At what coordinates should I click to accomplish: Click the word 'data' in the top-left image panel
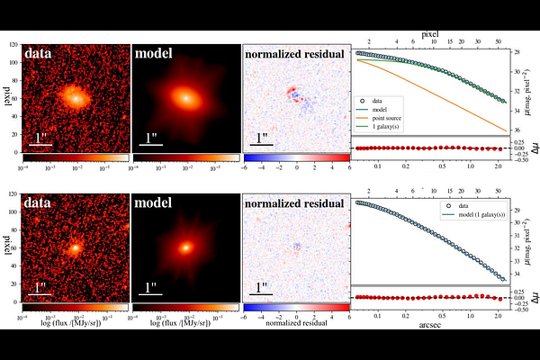click(x=44, y=54)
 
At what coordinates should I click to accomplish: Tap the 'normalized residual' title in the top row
click(x=295, y=54)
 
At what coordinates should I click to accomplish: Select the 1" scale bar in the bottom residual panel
click(x=262, y=289)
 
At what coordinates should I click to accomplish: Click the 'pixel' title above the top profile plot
click(x=429, y=34)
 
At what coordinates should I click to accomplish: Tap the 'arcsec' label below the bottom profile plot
click(x=429, y=326)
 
